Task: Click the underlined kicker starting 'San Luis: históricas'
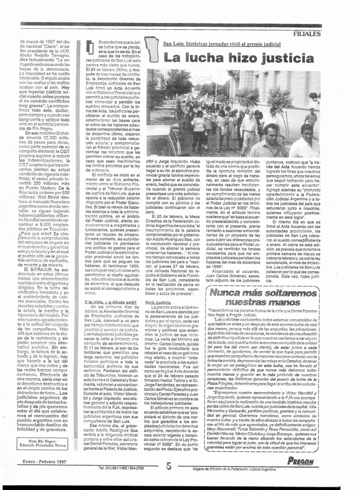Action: [221, 44]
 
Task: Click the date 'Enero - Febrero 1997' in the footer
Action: [44, 462]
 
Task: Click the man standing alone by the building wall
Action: [312, 117]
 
